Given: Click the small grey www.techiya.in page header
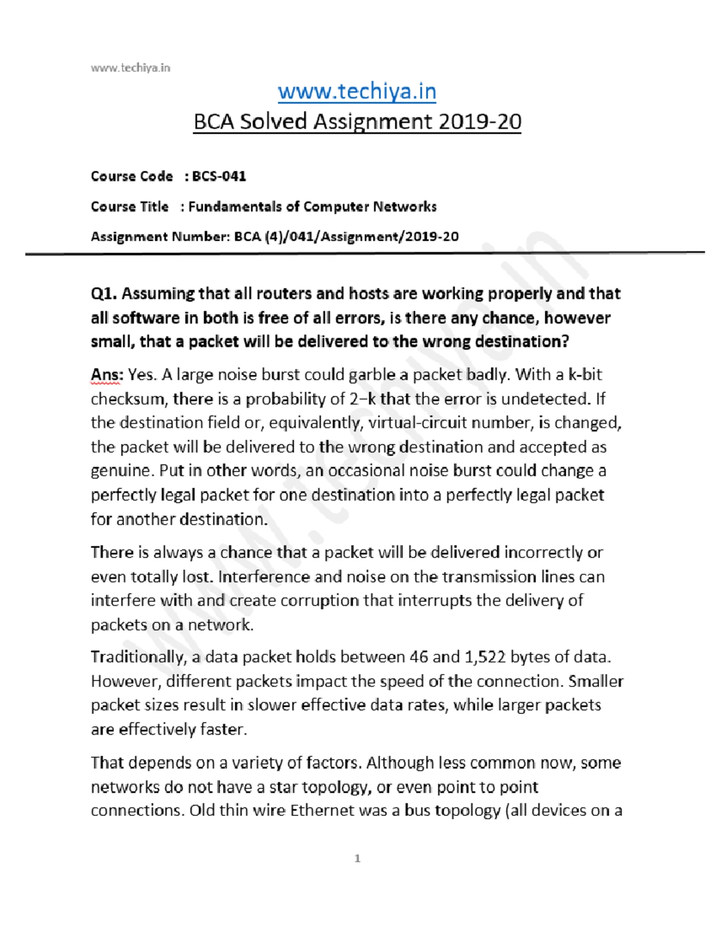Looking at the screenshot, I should coord(130,68).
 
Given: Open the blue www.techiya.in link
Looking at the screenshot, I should coord(357,91).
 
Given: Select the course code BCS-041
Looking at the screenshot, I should coord(219,176).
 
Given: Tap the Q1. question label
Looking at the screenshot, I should coord(104,294).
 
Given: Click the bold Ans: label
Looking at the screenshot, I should coord(107,375).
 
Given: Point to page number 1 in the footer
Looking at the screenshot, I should coord(357,858).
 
